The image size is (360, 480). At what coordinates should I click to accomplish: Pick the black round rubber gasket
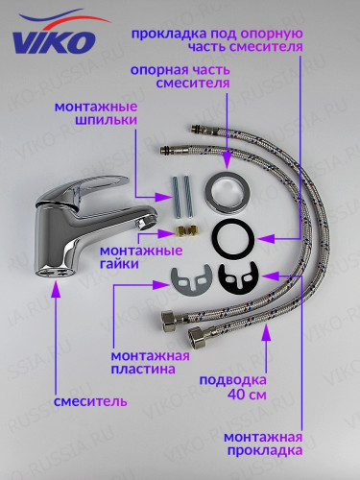[227, 236]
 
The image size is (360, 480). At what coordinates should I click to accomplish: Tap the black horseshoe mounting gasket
[234, 279]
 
